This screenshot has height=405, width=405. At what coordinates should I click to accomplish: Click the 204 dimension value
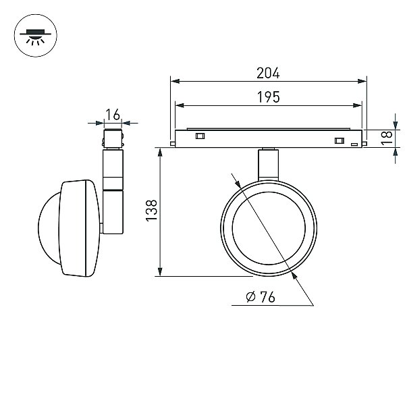[x=268, y=73]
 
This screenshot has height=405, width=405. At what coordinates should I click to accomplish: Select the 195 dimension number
[x=269, y=97]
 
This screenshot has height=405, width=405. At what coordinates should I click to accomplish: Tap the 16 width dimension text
[x=113, y=115]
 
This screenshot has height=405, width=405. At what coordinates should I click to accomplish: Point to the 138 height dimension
[x=152, y=211]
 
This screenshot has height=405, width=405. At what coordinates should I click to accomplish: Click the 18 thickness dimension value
[x=387, y=138]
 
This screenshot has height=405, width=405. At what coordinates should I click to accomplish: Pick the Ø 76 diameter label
[x=261, y=297]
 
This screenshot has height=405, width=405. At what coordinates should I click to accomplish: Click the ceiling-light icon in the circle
[x=35, y=37]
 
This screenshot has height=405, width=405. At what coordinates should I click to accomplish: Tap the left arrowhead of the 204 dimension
[x=175, y=82]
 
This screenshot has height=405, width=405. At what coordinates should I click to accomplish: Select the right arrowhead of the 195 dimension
[x=358, y=105]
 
